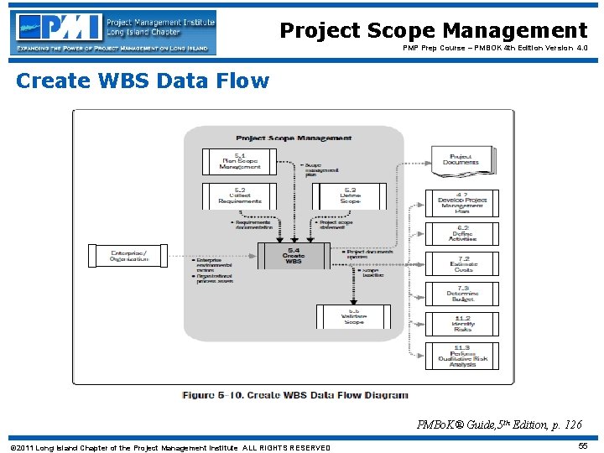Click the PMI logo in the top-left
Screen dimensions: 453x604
[113, 32]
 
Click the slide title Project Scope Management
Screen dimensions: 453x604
[433, 31]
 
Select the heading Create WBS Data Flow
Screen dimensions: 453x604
[143, 81]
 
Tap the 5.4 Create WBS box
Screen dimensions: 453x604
[293, 256]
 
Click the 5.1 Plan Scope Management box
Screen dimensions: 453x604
[239, 161]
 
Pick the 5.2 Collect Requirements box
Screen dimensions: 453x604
[239, 196]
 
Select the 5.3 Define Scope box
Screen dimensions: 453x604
[349, 196]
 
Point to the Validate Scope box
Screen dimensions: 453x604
[353, 316]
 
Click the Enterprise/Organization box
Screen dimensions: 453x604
[128, 255]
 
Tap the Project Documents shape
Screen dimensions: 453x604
[461, 158]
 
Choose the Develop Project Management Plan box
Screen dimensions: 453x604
[462, 203]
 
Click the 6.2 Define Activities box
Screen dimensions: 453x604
[462, 233]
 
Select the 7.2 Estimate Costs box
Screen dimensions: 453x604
[462, 263]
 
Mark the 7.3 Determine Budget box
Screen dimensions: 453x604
[462, 294]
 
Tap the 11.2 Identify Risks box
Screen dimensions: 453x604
[462, 324]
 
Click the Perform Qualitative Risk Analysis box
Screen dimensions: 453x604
[462, 356]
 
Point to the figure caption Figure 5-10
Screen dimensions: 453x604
[294, 395]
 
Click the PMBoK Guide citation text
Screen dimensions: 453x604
[499, 425]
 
